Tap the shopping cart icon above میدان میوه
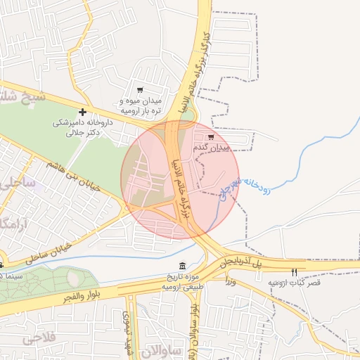coord(140,90)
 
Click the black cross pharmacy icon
coord(83,112)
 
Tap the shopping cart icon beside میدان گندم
coord(210,137)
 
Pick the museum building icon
coord(183,265)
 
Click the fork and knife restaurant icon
coord(294,272)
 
